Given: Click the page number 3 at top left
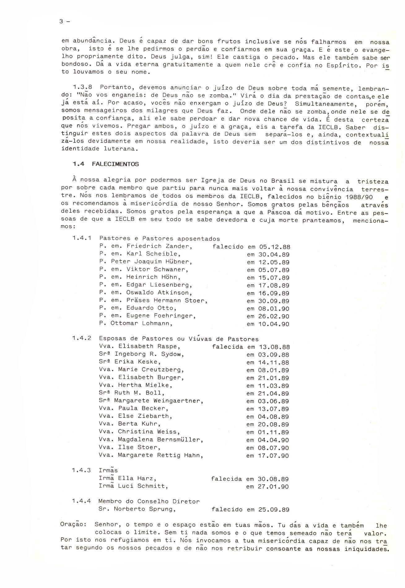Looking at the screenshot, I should click(61, 22).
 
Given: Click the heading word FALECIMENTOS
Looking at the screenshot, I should click(115, 164).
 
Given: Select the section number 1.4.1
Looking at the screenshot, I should click(82, 238).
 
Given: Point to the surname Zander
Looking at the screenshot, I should click(179, 246).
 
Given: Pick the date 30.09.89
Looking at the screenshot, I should click(274, 301).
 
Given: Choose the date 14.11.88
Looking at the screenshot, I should click(273, 363).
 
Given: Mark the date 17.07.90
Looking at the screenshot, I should click(273, 456).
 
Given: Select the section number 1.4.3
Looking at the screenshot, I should click(81, 470).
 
